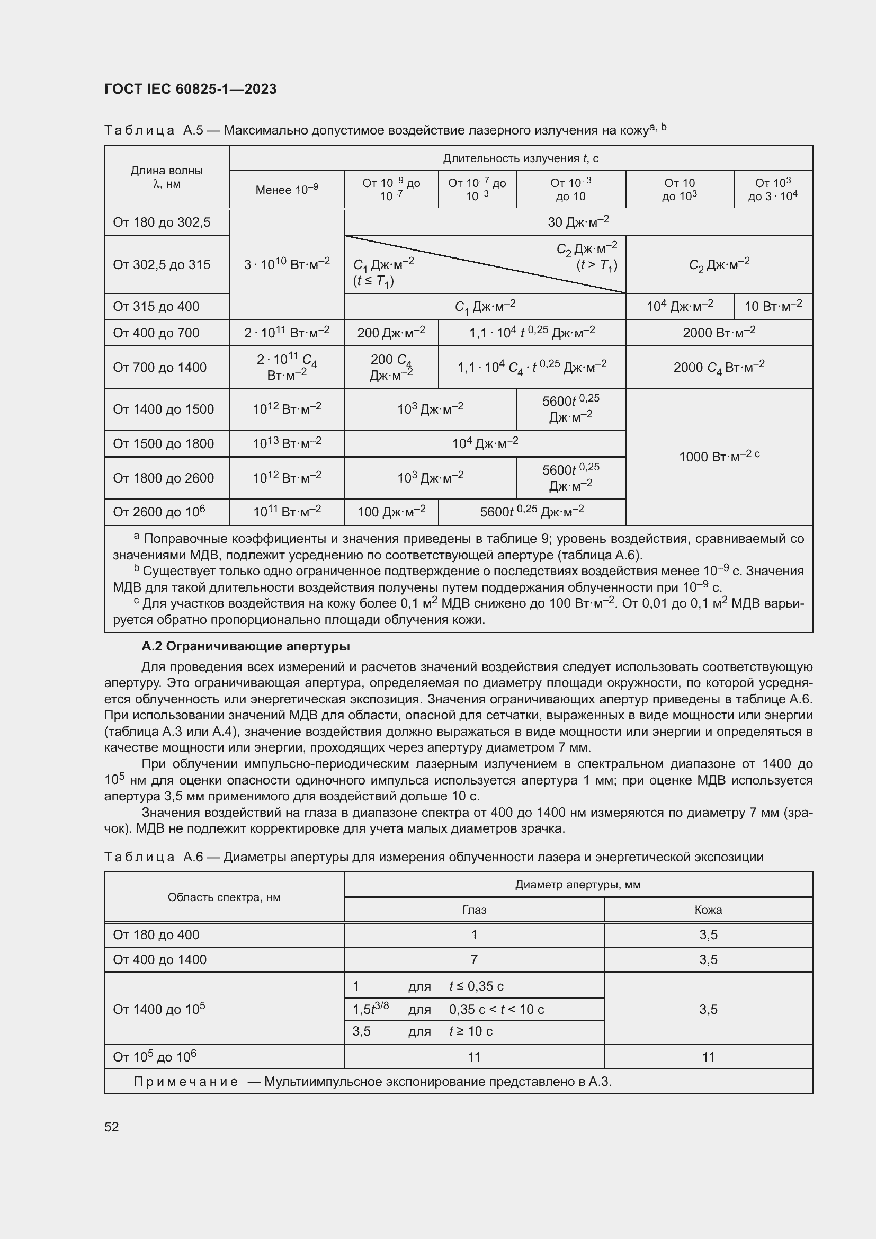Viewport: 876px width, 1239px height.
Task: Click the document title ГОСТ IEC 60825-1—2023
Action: [x=190, y=89]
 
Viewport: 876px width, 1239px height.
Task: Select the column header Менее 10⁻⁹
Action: [x=287, y=190]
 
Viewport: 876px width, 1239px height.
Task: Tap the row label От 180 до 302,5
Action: [x=162, y=222]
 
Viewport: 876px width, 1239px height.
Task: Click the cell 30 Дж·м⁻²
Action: [x=578, y=222]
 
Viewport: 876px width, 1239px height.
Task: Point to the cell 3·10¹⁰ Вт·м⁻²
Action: [x=287, y=264]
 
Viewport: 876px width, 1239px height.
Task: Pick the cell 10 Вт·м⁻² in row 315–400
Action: [x=772, y=306]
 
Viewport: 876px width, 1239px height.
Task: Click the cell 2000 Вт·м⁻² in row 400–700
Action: [x=719, y=333]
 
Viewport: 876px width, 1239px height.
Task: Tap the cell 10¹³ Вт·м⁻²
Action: [x=287, y=443]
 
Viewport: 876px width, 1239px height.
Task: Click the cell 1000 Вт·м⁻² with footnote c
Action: [x=719, y=457]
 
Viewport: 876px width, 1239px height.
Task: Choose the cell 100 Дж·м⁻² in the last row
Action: [x=390, y=512]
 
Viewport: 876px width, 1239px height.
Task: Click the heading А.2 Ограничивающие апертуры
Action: [x=245, y=646]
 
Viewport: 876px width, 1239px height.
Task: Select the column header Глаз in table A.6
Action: [x=473, y=910]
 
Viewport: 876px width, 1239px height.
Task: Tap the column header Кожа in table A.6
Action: [x=708, y=910]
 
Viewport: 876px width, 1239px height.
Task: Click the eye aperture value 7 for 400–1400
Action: [x=473, y=959]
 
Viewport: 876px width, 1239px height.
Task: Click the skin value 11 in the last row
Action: [x=708, y=1057]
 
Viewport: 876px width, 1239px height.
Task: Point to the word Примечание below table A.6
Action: [x=185, y=1082]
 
